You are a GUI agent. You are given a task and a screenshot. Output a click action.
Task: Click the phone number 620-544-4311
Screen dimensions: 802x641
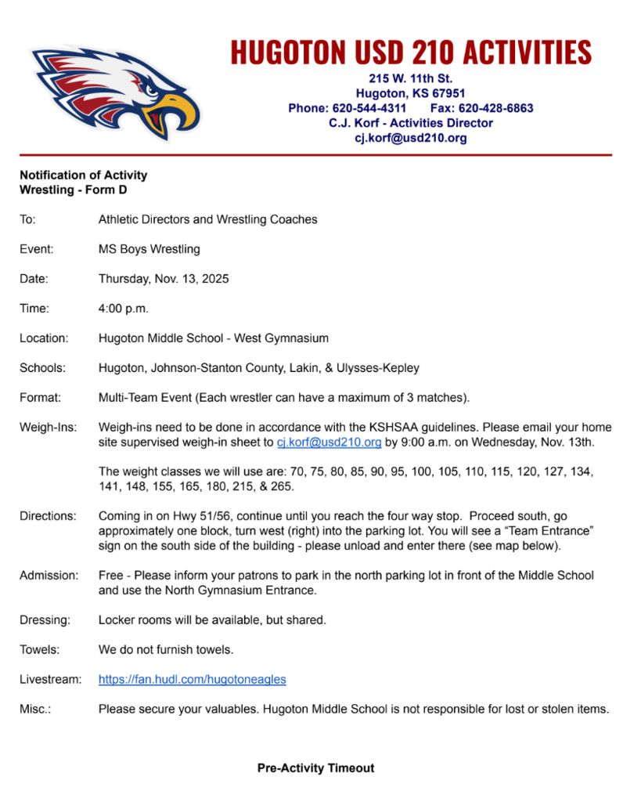[369, 108]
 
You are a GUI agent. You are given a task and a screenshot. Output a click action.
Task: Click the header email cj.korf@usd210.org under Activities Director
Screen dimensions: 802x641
[411, 138]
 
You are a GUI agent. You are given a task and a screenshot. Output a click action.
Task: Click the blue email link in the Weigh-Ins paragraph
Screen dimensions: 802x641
[329, 443]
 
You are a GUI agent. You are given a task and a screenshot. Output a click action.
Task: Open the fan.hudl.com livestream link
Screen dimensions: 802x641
[192, 679]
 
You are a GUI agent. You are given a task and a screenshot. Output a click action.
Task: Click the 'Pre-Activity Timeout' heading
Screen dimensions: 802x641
[315, 768]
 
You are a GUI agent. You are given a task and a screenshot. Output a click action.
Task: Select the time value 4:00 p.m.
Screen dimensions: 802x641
[124, 309]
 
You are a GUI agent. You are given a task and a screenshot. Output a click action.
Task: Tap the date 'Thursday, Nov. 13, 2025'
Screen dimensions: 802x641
[164, 279]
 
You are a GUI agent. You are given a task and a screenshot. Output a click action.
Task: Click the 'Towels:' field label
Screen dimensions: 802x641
[39, 649]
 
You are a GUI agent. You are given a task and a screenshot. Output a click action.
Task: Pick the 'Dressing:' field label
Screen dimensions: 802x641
[45, 620]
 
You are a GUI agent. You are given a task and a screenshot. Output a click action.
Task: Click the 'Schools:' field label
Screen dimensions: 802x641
[42, 368]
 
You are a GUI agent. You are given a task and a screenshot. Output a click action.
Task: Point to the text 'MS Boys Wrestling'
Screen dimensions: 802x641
[149, 249]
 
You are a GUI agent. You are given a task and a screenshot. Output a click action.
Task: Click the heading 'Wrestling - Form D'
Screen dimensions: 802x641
[73, 190]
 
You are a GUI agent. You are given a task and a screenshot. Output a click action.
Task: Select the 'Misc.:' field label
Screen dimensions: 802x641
[35, 709]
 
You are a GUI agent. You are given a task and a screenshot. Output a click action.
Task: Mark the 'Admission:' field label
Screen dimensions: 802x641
[49, 575]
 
